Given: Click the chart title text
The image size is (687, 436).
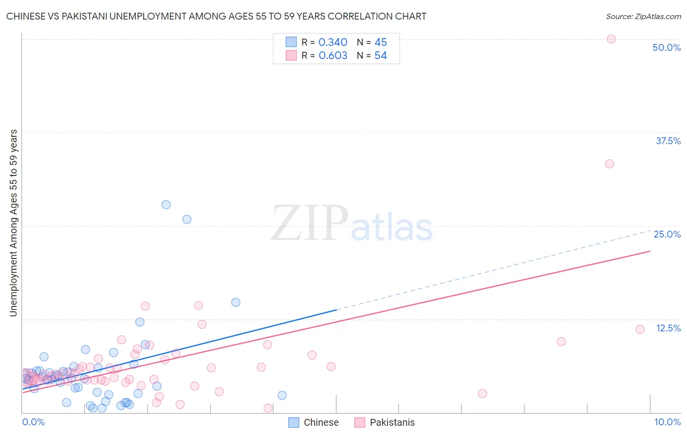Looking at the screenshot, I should (216, 16).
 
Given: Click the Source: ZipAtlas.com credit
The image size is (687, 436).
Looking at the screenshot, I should (643, 16).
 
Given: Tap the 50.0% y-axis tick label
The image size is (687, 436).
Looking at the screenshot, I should (666, 47).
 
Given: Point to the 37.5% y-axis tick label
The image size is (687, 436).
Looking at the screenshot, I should (668, 141).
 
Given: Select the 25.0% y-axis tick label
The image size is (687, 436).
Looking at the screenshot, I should (667, 234).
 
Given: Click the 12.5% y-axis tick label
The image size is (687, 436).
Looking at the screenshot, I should (668, 328).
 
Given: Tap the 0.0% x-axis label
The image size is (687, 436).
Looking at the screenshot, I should (33, 422).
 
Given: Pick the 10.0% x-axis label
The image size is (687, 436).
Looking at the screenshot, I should (667, 422).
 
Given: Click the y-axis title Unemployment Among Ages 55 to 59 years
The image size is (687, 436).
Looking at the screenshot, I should (14, 223).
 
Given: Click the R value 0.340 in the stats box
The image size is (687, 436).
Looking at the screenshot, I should (333, 43).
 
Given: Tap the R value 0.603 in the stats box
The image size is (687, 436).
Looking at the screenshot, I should (333, 56).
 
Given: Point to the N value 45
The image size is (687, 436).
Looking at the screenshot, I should (381, 43).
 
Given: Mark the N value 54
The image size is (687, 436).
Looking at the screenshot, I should (381, 56).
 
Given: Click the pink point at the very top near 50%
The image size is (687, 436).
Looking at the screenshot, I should (611, 39).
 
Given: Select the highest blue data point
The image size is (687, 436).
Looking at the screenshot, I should (166, 205).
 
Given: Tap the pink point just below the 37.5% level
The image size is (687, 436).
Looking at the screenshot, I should (609, 164).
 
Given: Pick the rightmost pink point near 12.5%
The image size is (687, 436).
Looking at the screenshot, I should (640, 329).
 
